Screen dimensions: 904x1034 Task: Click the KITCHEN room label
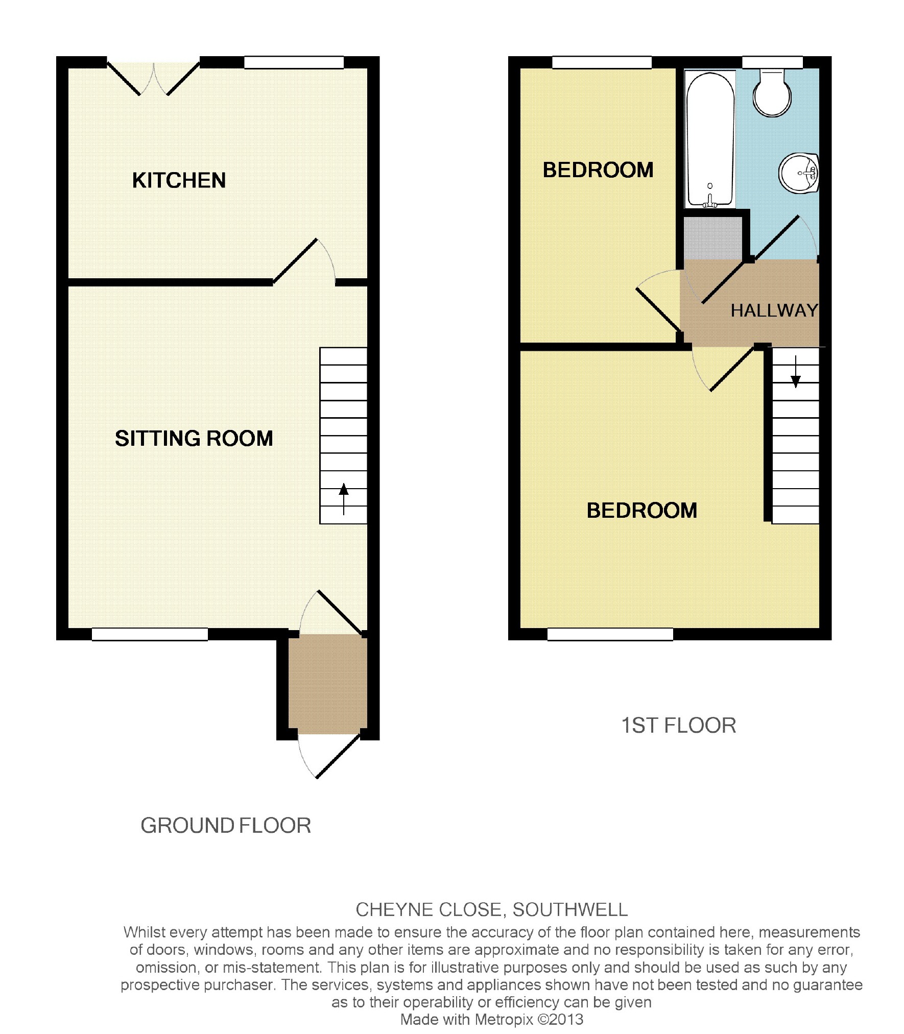point(179,180)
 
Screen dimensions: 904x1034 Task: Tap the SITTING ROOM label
point(194,438)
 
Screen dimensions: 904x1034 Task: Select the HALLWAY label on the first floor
point(774,310)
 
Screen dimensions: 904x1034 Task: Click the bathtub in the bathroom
point(710,139)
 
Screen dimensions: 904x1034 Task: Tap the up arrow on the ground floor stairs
point(344,498)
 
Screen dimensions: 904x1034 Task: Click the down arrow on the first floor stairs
point(795,372)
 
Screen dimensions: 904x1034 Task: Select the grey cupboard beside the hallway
point(712,237)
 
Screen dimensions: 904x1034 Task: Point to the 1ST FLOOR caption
point(678,726)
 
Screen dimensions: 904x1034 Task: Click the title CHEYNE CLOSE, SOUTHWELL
point(491,909)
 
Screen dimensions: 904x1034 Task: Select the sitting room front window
point(150,634)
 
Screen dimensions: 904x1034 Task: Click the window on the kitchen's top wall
point(294,62)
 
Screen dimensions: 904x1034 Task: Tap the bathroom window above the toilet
point(772,62)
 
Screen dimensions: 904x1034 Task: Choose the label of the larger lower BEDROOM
point(641,511)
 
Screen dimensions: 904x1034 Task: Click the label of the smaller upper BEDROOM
point(598,170)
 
